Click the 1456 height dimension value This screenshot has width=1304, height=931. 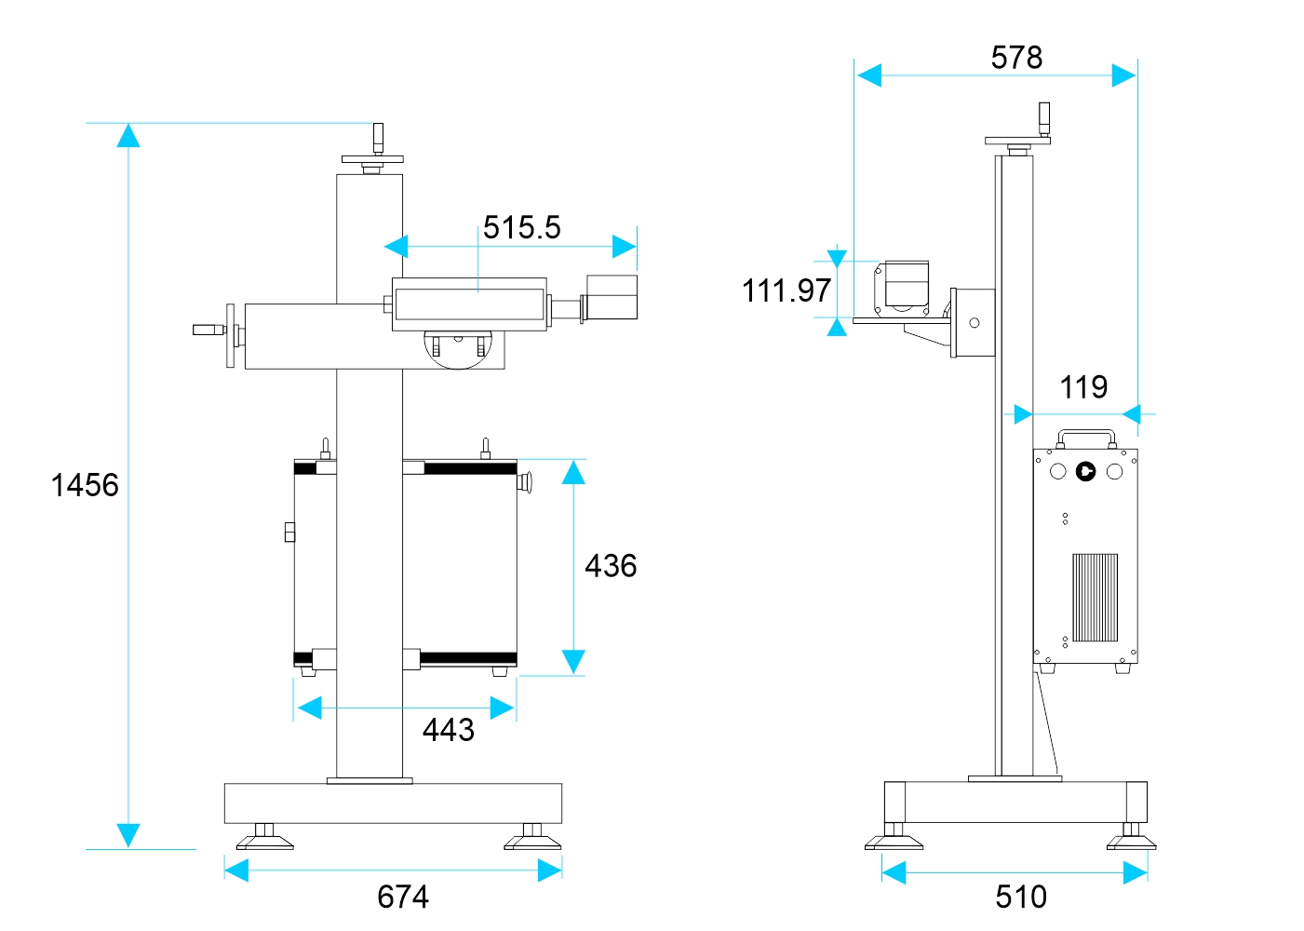[85, 485]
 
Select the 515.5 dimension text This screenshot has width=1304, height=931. [521, 227]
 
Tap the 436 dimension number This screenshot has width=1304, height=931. [611, 566]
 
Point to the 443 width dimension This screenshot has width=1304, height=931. [449, 730]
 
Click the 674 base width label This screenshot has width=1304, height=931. [403, 897]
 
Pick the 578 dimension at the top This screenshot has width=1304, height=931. [1016, 58]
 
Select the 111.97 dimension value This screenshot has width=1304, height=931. [786, 290]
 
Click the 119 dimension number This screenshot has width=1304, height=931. [1083, 387]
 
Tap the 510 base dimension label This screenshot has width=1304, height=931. [1021, 897]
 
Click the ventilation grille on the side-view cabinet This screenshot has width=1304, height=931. [1095, 598]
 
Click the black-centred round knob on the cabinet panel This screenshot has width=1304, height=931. [1085, 471]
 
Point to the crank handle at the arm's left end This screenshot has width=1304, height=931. [209, 330]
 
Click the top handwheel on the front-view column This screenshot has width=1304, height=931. [372, 158]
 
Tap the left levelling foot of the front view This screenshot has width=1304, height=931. [264, 839]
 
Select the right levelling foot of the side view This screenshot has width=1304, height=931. [1131, 839]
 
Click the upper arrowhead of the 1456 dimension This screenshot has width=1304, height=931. [128, 136]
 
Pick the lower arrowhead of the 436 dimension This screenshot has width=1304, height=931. [573, 660]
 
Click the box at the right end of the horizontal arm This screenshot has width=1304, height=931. [612, 297]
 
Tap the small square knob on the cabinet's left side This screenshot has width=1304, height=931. [289, 532]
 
